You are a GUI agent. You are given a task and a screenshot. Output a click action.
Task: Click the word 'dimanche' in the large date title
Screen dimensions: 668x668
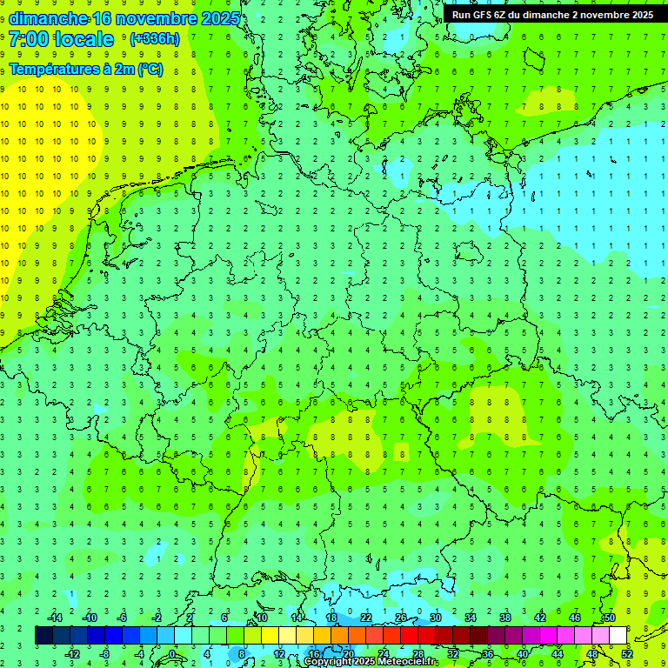[48, 18]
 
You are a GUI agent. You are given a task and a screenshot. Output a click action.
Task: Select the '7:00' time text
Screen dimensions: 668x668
[29, 39]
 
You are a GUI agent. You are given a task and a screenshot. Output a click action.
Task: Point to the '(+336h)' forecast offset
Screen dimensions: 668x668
[154, 39]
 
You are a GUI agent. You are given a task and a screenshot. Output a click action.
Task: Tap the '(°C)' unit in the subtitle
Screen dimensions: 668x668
[149, 70]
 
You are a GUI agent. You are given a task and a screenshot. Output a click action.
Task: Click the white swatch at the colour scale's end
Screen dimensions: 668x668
[618, 636]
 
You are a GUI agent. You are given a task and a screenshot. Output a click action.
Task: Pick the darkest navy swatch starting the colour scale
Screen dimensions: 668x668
[43, 636]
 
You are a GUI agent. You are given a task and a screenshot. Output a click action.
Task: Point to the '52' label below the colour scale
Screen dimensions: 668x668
[627, 654]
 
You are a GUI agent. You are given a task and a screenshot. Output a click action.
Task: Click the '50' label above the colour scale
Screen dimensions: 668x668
[610, 618]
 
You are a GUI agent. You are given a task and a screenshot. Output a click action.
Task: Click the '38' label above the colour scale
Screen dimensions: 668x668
[505, 618]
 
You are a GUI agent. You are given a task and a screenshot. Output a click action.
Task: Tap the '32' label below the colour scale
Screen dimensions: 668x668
[453, 654]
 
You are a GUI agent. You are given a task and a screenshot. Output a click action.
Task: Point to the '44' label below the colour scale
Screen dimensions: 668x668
[558, 654]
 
